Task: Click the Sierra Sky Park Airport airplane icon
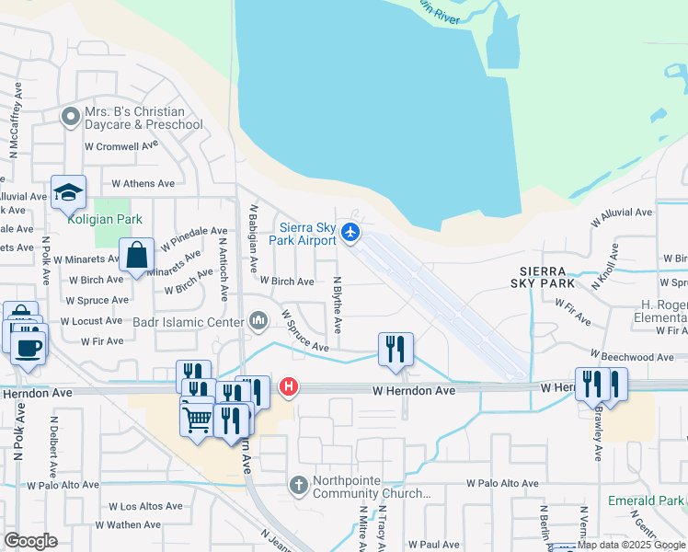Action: pos(350,232)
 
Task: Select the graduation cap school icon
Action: pos(68,192)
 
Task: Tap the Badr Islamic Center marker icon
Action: pos(258,321)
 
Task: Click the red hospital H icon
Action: pos(289,386)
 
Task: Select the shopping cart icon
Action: pos(199,420)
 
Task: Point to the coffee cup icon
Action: pos(29,347)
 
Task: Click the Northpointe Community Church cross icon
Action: pos(298,484)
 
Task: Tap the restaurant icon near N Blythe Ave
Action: pos(396,349)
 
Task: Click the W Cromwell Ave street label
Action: pos(121,145)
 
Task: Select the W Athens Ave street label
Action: pos(143,184)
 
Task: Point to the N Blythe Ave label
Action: pos(338,305)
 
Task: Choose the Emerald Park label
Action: pos(647,501)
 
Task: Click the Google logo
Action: pos(30,540)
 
